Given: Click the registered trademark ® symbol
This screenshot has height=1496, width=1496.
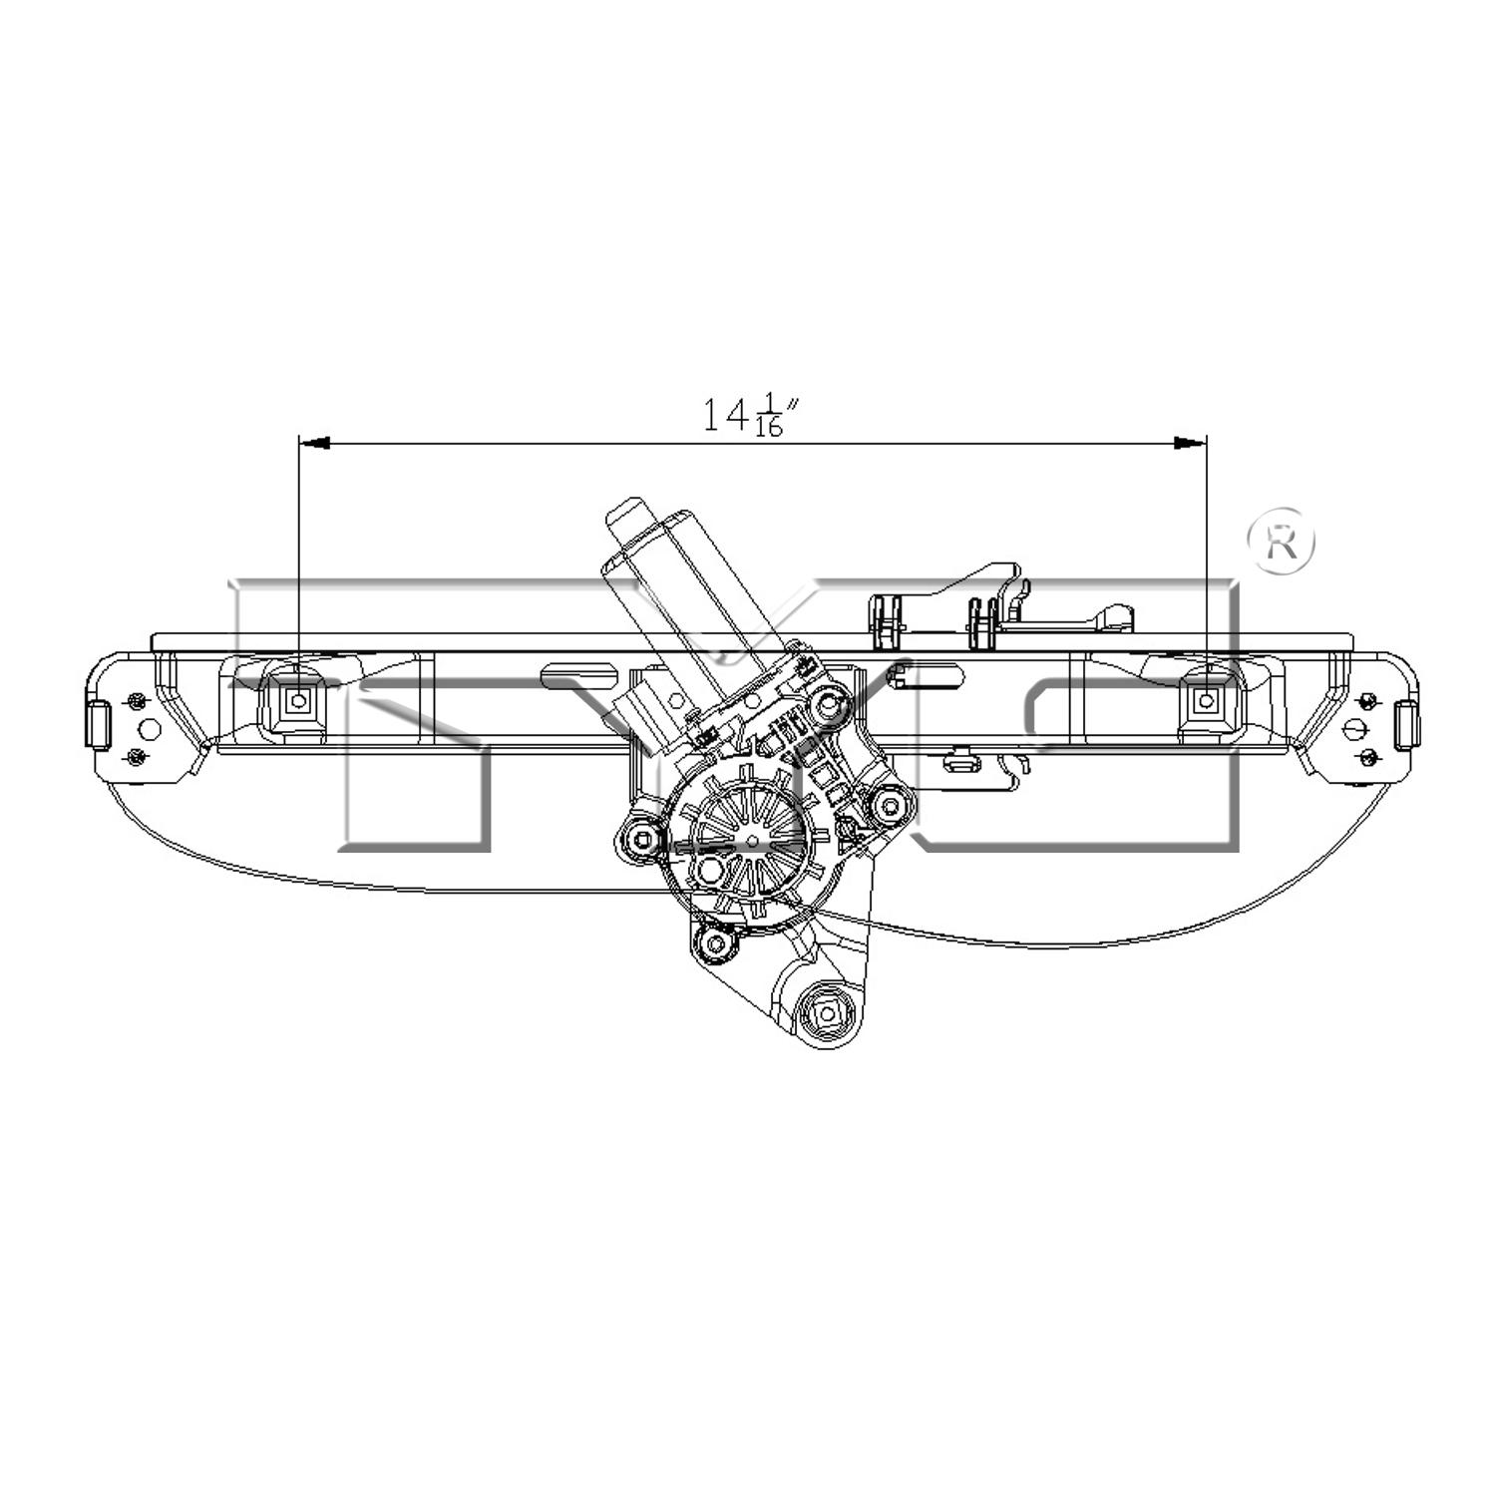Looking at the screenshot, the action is (x=1282, y=542).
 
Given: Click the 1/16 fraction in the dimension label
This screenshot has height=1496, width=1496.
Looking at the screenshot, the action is (x=768, y=416).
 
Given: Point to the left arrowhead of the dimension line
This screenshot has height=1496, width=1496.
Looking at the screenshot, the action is (x=314, y=442).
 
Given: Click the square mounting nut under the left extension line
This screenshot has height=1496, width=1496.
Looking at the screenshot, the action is (x=298, y=700).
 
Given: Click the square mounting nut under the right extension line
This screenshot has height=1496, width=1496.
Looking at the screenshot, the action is (x=1207, y=700).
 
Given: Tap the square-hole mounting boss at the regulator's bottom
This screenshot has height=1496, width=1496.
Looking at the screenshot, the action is (x=827, y=1015).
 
